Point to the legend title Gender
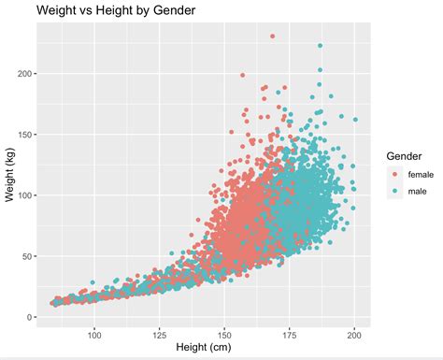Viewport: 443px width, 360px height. pyautogui.click(x=406, y=156)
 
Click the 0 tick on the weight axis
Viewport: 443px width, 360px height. pyautogui.click(x=30, y=317)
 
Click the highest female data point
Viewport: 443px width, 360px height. pyautogui.click(x=272, y=36)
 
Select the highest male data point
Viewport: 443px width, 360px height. pyautogui.click(x=320, y=46)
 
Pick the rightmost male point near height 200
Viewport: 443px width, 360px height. pyautogui.click(x=355, y=120)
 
